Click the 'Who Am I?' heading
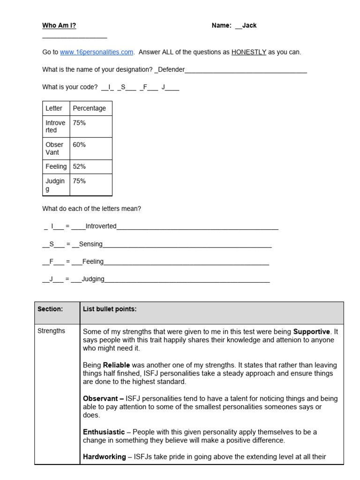pos(59,25)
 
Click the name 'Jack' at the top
pos(249,25)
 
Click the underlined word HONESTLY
pos(248,52)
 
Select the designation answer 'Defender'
pos(171,69)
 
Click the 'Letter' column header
pos(54,108)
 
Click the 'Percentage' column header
pos(89,108)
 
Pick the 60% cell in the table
pos(79,145)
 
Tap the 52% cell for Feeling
pos(79,166)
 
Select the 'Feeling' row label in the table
pos(56,166)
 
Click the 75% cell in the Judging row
pos(79,181)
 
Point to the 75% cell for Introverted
pos(79,123)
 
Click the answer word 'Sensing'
pos(91,244)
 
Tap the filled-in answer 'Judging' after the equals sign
pos(93,279)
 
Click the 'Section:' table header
pos(50,309)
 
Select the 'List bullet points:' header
pos(110,309)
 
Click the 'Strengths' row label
pos(51,331)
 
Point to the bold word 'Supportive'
pos(312,332)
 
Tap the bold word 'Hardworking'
pos(104,457)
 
